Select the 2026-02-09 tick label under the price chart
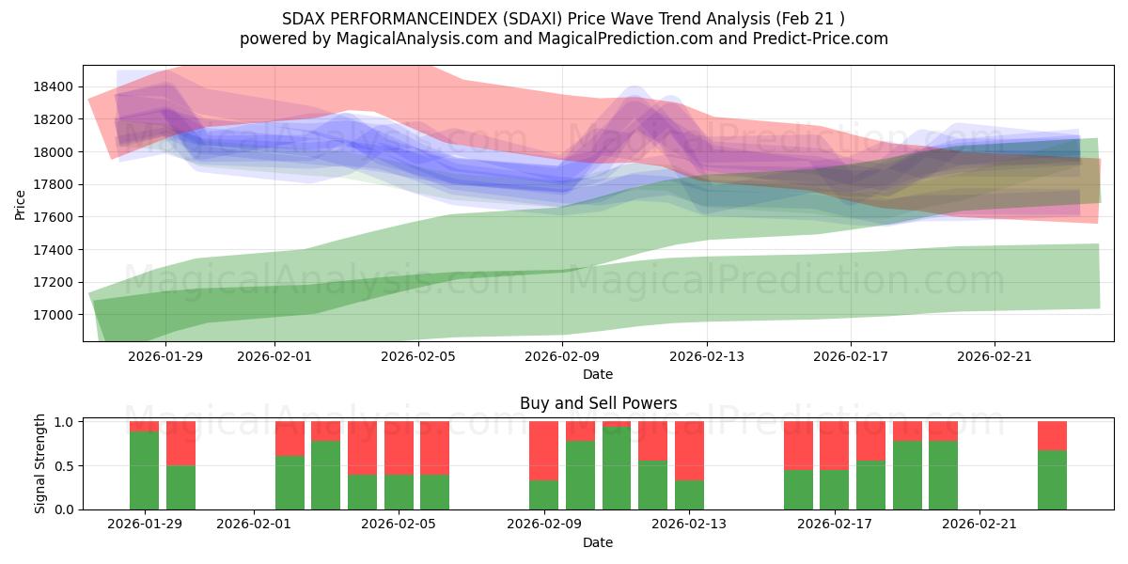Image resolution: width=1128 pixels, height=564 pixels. tap(562, 356)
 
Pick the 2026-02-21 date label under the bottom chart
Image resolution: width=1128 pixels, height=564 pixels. tap(979, 525)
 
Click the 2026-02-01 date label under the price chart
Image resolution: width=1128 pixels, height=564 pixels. tap(274, 356)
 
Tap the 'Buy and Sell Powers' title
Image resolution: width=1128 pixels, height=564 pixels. tap(598, 403)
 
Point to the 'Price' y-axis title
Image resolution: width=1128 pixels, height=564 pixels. tap(20, 203)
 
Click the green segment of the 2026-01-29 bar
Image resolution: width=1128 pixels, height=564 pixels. tap(144, 470)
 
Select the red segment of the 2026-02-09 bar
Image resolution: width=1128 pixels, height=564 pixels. tap(543, 450)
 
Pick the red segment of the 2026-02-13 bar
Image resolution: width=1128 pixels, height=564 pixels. tap(689, 450)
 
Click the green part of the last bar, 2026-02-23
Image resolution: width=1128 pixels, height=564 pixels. tap(1052, 479)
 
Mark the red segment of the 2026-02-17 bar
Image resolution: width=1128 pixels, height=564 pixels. tap(834, 446)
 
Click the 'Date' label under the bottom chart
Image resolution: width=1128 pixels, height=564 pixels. tap(598, 542)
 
